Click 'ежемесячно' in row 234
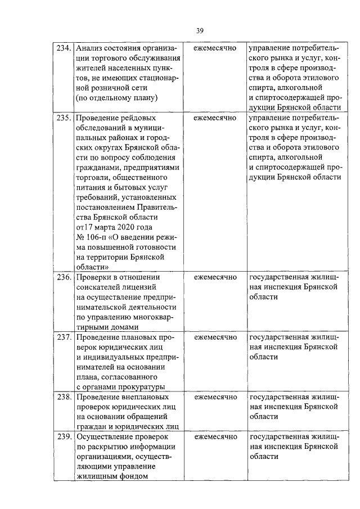point(215,48)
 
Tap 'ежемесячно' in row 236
point(215,277)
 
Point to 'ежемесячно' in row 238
point(215,397)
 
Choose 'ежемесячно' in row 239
point(215,437)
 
